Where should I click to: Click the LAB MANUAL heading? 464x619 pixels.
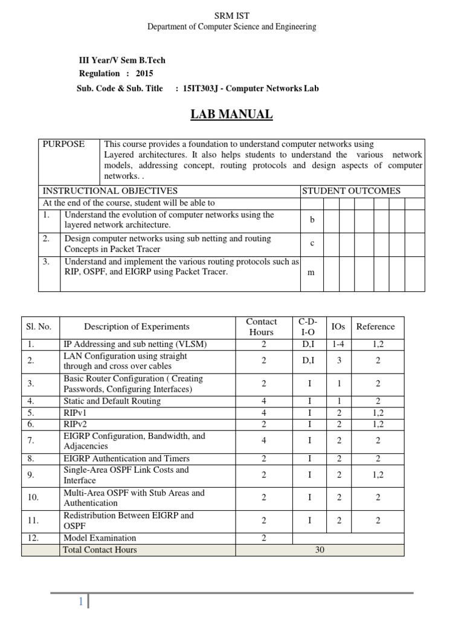point(232,114)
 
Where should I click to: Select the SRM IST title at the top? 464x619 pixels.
point(232,15)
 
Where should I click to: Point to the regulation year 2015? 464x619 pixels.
point(144,74)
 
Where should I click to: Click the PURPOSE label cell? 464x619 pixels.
point(63,144)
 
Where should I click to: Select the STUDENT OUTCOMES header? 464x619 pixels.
point(351,191)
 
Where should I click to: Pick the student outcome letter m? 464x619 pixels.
point(311,272)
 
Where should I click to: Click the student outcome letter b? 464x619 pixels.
point(312,220)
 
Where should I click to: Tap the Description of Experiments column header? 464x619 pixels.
point(137,327)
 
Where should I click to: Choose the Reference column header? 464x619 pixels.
point(375,326)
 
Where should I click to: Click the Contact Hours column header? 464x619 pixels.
point(262,327)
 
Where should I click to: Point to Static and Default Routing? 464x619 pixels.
point(112,401)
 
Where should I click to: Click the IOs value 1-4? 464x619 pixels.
point(339,344)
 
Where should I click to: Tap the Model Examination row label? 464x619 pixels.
point(100,538)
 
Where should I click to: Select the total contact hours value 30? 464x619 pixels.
point(320,550)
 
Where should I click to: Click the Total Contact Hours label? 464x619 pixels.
point(100,550)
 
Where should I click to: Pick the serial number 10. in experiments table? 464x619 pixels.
point(33,497)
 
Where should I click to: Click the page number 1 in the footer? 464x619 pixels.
point(81,602)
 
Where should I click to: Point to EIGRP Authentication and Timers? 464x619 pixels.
point(126,458)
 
